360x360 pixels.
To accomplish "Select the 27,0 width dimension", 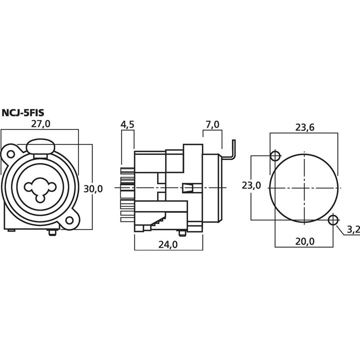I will tap(41, 124).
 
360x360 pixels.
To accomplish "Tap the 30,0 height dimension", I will tap(93, 188).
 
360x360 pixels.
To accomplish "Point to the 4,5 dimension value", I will tap(127, 124).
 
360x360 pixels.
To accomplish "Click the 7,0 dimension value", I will tap(212, 124).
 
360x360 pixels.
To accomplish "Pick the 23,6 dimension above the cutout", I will tap(304, 127).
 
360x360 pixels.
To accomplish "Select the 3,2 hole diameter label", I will tap(352, 229).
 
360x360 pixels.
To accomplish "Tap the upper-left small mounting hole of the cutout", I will tap(275, 156).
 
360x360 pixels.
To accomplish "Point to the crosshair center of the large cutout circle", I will tap(304, 188).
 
